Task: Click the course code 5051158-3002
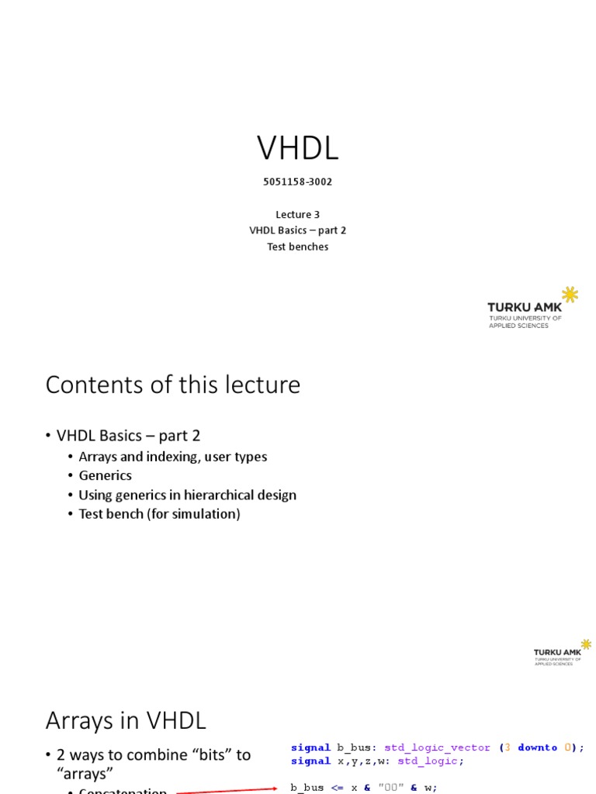pyautogui.click(x=297, y=182)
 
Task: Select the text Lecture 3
pyautogui.click(x=297, y=215)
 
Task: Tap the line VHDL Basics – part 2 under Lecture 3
pyautogui.click(x=297, y=230)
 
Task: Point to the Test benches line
pyautogui.click(x=297, y=247)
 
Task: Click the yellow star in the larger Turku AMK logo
pyautogui.click(x=570, y=294)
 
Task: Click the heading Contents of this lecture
pyautogui.click(x=172, y=385)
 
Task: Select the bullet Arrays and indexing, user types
pyautogui.click(x=172, y=457)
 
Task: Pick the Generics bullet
pyautogui.click(x=105, y=475)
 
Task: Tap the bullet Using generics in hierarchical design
pyautogui.click(x=187, y=495)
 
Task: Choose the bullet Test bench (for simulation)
pyautogui.click(x=159, y=513)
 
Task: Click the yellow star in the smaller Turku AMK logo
pyautogui.click(x=586, y=644)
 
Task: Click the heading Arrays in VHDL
pyautogui.click(x=126, y=721)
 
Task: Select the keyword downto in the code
pyautogui.click(x=537, y=747)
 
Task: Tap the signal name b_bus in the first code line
pyautogui.click(x=354, y=747)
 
